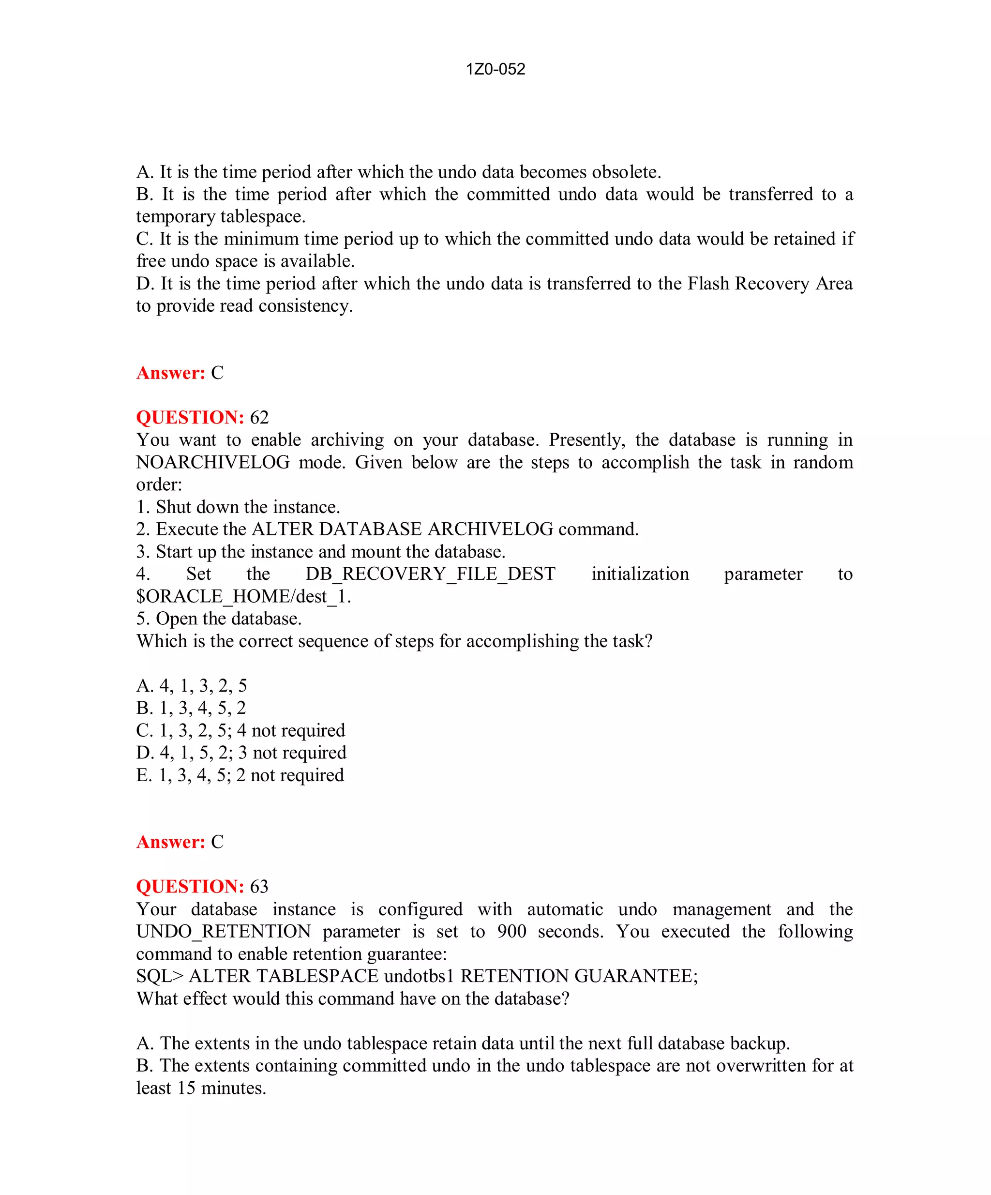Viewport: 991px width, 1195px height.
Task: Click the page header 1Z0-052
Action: pos(495,69)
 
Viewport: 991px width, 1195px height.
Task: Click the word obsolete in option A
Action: pos(626,172)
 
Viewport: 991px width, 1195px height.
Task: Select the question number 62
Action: pos(259,418)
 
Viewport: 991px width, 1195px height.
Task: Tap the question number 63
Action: pos(259,887)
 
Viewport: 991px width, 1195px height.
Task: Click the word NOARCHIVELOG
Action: pos(213,462)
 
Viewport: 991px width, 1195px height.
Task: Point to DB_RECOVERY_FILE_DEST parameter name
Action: pos(430,574)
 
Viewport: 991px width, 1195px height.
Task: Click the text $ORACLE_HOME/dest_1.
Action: pos(243,596)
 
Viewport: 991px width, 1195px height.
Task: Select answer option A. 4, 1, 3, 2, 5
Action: pos(192,686)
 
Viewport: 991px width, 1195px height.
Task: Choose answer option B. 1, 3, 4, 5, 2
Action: pos(191,708)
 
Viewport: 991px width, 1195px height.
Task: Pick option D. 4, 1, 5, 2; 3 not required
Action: pos(241,753)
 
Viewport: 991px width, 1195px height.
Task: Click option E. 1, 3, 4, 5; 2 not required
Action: pos(240,775)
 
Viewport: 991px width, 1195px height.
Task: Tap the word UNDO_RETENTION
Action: pos(224,932)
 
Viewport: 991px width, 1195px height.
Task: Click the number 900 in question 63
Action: pos(511,932)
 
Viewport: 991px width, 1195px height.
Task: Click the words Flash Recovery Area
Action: pos(770,284)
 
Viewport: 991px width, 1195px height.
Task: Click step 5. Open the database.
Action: pos(219,619)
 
